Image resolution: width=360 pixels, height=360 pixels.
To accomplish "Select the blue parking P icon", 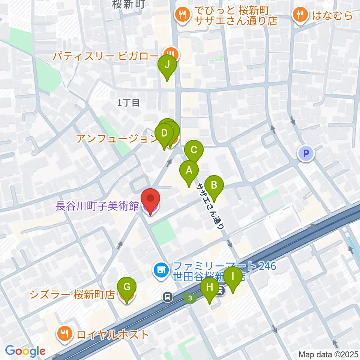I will (306, 153).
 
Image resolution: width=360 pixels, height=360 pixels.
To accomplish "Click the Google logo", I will (25, 351).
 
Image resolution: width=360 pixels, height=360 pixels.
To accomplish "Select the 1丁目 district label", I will (128, 102).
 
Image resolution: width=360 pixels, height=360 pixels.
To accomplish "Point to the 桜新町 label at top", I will (128, 4).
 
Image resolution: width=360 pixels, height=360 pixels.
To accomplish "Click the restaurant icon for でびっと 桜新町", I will (183, 15).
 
